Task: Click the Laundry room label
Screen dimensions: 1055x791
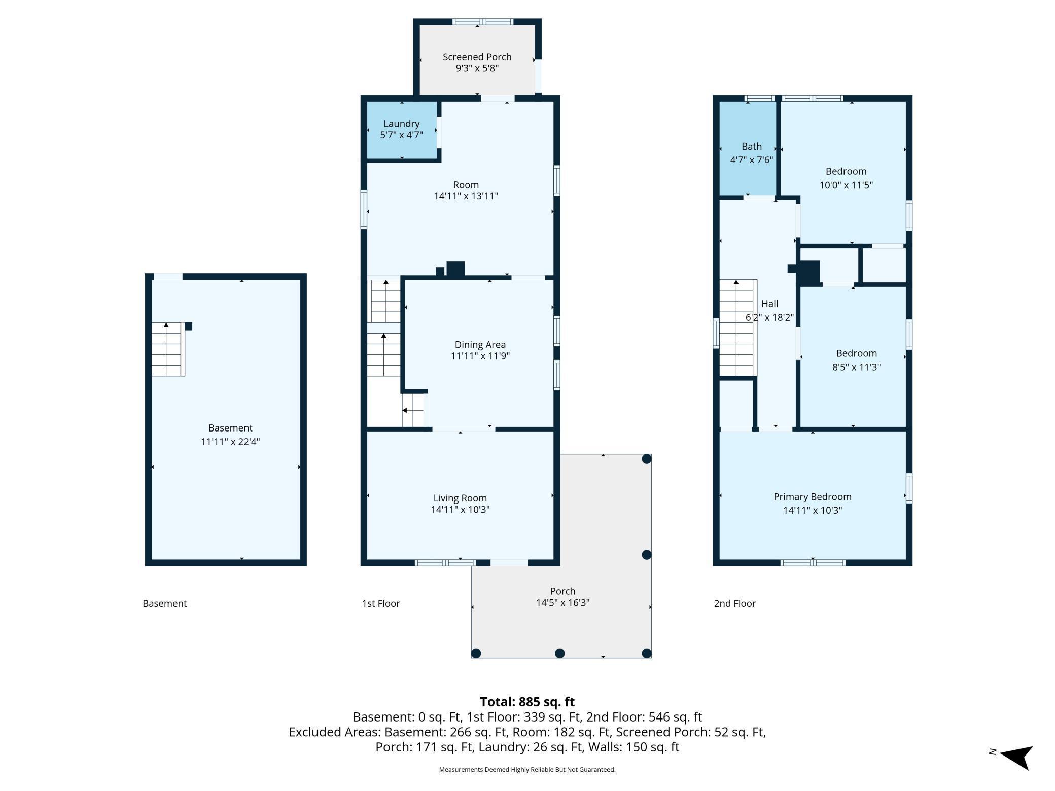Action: point(401,124)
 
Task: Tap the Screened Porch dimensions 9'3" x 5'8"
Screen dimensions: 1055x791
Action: point(477,68)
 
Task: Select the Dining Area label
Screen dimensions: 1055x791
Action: point(480,345)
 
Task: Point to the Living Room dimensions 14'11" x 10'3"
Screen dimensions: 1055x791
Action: point(460,510)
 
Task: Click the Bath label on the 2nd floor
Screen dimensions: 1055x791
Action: point(752,147)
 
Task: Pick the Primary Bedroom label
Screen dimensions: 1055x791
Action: point(812,497)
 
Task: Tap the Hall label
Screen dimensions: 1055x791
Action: point(769,304)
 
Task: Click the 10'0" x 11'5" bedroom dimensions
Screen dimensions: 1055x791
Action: point(846,185)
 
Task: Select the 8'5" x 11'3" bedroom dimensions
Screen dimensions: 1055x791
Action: point(856,367)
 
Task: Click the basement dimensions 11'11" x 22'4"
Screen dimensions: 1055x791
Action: point(230,442)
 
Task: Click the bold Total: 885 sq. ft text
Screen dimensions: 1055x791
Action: point(527,702)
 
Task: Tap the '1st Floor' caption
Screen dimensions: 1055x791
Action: point(381,603)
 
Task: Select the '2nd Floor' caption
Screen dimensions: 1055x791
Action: point(734,603)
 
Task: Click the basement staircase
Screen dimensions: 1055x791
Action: point(168,349)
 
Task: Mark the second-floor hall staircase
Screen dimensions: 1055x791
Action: point(738,328)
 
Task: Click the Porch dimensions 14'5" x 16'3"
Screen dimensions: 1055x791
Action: point(562,603)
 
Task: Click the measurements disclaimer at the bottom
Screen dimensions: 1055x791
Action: point(527,770)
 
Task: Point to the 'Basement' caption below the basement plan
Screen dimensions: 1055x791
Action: point(164,603)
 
